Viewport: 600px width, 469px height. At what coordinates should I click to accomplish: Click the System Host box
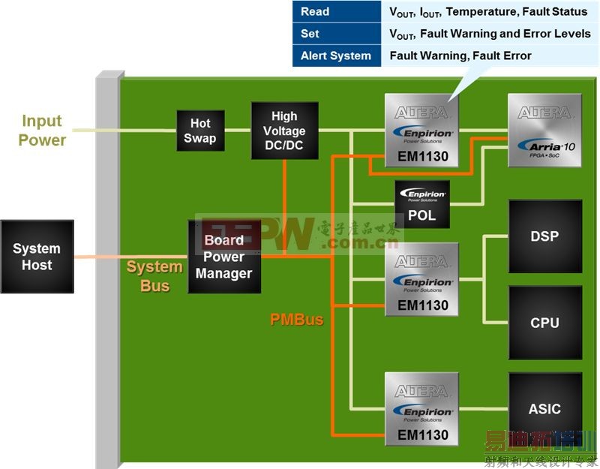coord(37,257)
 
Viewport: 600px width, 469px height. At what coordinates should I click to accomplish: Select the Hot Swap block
coord(200,131)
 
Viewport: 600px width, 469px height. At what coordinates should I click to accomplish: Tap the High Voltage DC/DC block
coord(284,131)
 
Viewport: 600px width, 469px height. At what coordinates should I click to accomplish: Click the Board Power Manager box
coord(224,257)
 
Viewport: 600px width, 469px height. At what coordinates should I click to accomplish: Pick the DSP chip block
coord(544,236)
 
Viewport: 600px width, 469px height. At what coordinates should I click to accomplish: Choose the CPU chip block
coord(544,322)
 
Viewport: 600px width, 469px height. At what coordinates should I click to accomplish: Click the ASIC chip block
coord(544,408)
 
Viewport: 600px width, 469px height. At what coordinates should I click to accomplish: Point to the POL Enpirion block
coord(422,205)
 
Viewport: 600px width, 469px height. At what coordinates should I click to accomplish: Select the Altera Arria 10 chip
coord(544,131)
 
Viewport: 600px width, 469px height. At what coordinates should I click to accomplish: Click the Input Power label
coord(42,131)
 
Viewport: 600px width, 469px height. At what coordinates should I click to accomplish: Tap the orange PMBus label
coord(297,320)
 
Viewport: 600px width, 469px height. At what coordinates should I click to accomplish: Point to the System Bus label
coord(154,276)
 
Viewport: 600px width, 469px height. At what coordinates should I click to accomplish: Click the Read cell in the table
coord(315,11)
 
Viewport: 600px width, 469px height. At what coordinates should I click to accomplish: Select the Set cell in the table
coord(310,34)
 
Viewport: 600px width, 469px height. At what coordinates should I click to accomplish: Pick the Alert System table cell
coord(336,56)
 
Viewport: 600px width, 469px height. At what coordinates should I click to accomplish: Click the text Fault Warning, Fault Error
coord(460,56)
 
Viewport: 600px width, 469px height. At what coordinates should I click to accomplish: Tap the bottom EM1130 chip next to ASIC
coord(422,408)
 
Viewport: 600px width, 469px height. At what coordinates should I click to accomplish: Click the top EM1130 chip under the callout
coord(422,131)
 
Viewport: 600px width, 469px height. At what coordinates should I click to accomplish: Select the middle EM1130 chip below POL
coord(422,278)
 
